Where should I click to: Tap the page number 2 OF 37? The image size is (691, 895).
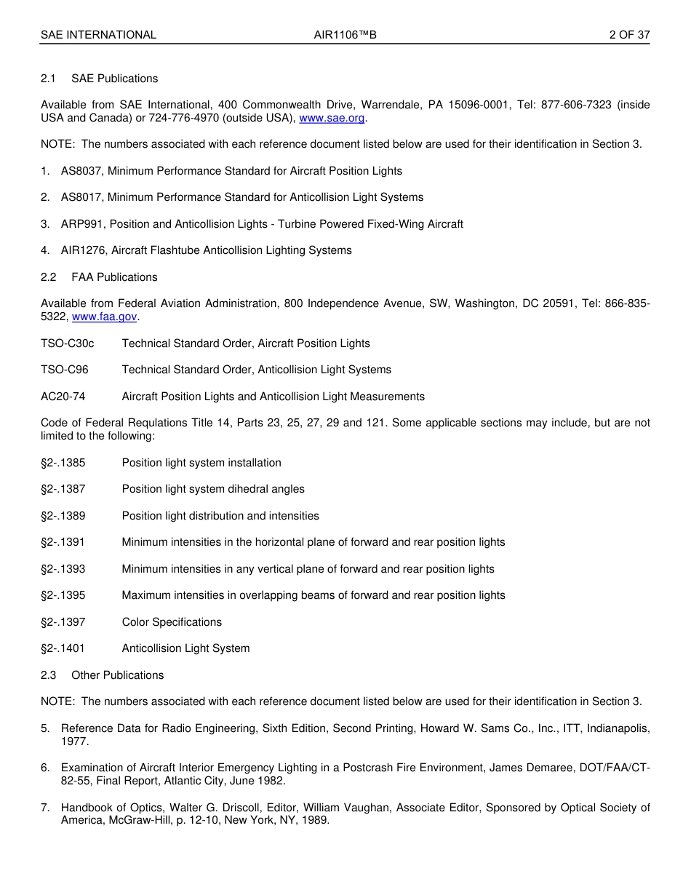click(629, 35)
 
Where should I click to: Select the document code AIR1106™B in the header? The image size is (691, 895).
click(345, 35)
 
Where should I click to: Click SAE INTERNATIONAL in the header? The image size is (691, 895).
click(98, 35)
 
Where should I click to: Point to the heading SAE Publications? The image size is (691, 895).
click(114, 79)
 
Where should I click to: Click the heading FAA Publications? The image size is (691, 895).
click(114, 277)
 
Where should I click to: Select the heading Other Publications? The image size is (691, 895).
click(117, 675)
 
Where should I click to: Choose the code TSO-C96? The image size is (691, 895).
click(64, 370)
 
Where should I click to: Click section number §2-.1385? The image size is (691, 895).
click(63, 463)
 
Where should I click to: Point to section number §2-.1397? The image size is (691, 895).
click(63, 622)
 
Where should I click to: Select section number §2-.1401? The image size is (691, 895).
click(63, 648)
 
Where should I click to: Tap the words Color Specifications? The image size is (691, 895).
click(172, 622)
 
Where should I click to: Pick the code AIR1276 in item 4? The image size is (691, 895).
click(83, 250)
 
